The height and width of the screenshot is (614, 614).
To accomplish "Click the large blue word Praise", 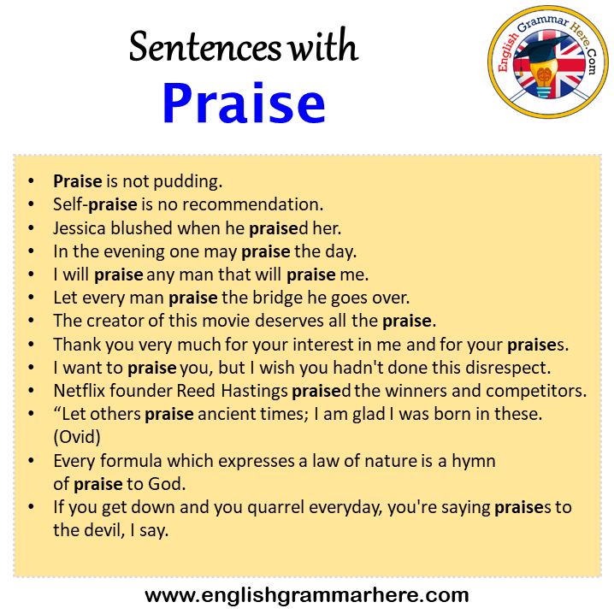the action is click(x=244, y=103).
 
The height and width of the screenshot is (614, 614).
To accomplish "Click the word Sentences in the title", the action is click(x=205, y=47).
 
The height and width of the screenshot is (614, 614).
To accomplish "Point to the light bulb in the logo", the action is click(x=544, y=79).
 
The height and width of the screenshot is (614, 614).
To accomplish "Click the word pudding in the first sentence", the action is click(x=187, y=182).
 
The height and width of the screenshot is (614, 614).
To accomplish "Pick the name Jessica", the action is click(x=80, y=228).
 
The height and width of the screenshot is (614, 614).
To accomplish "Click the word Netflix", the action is click(x=80, y=391).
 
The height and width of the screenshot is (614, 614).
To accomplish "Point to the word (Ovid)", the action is click(x=77, y=437).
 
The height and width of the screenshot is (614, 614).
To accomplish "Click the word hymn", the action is click(x=474, y=461).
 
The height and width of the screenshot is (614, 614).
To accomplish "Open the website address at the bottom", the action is click(x=307, y=595).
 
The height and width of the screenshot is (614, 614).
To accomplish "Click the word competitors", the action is click(x=536, y=391).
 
